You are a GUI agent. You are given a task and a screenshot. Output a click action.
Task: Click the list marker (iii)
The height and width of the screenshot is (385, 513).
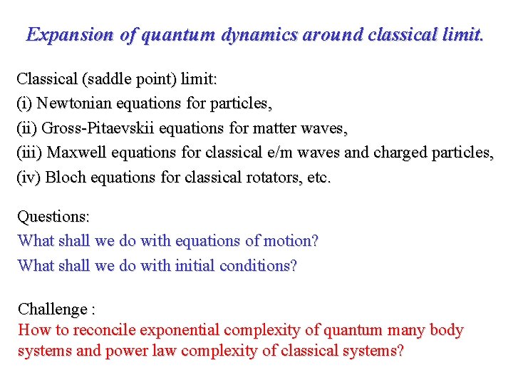point(30,153)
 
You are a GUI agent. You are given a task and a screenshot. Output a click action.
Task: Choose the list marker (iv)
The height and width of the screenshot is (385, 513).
point(28,178)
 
